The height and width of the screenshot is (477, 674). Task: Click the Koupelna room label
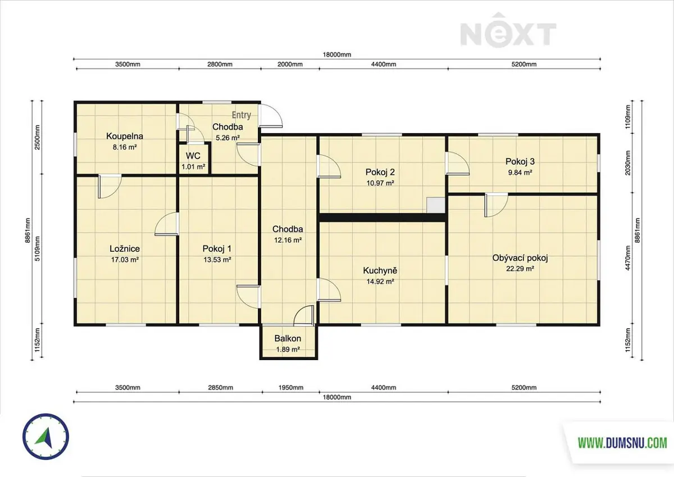(125, 137)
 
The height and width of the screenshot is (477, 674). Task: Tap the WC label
(193, 156)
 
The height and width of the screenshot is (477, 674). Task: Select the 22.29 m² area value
(520, 269)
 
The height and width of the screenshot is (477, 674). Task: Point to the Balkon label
(288, 338)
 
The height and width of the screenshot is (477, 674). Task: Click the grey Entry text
(242, 115)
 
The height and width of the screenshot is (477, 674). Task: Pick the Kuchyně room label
(380, 270)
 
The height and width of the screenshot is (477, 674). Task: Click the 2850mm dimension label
(221, 387)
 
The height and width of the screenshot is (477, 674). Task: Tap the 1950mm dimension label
(291, 387)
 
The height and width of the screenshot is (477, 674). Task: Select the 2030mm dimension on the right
(628, 163)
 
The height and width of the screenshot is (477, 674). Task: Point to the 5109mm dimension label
(37, 248)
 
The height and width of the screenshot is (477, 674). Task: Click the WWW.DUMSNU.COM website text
(622, 443)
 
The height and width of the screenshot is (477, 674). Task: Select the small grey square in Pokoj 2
(436, 206)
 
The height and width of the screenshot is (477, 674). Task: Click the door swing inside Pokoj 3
(457, 163)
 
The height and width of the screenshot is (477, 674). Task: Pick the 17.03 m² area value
(125, 260)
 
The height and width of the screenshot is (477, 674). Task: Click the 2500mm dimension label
(37, 137)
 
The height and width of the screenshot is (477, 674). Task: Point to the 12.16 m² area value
(288, 240)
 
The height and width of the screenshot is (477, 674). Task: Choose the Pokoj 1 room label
(217, 249)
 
